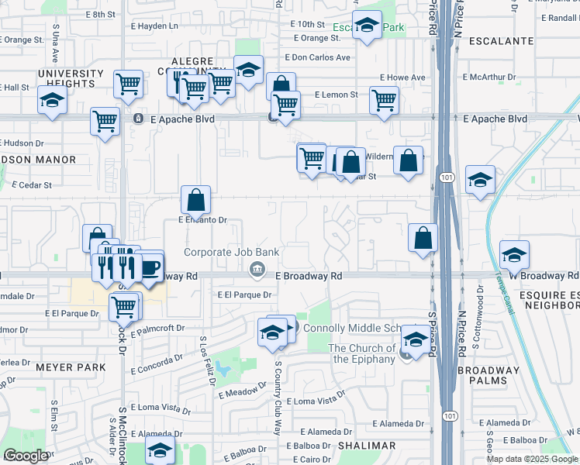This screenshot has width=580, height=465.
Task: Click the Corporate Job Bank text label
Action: click(231, 253)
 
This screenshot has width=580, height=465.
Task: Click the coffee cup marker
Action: click(150, 268)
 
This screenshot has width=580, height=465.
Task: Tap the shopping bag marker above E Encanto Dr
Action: click(196, 200)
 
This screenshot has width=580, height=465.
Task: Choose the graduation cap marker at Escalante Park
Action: click(367, 25)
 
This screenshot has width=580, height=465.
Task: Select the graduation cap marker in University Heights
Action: click(52, 100)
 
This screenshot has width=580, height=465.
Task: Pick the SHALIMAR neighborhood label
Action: click(366, 446)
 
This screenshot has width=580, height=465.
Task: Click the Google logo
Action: click(26, 456)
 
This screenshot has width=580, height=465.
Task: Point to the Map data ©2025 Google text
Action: click(531, 459)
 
